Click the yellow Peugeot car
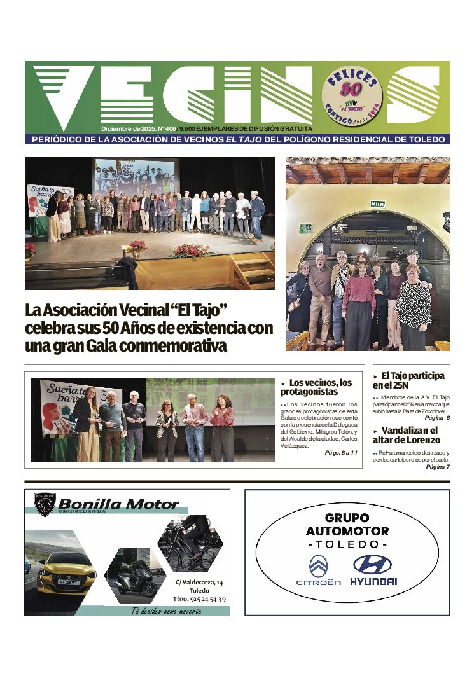point(67,572)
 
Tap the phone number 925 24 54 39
point(199,599)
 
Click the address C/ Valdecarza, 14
point(200,582)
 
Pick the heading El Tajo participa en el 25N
point(408,380)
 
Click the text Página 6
point(437,417)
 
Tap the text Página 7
point(438,467)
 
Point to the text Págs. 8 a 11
point(341,452)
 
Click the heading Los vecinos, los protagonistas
point(316,387)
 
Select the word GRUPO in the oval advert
point(347,518)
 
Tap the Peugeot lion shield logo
point(45,504)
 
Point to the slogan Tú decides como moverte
point(166,611)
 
